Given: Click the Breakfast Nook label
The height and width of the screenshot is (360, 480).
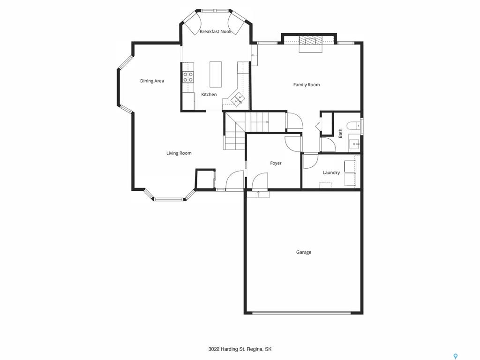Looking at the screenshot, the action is pos(216,31).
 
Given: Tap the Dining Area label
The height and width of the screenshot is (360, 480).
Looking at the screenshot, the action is pos(152,81).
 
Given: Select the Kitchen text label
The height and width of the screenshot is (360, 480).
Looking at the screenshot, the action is pos(209,94).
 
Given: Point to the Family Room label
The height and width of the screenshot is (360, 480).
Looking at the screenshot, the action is pos(307,85).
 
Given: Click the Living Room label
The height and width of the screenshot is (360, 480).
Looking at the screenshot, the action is pos(179,153).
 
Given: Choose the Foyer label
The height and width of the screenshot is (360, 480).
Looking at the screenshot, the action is pos(276,163).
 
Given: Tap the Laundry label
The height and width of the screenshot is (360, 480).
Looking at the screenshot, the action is pos(331,172).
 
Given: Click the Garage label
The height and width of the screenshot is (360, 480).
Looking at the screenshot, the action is pos(304,252).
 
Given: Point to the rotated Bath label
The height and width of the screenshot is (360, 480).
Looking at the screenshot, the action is pos(340,133).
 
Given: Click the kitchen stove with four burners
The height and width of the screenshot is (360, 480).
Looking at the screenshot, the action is pos(188,77).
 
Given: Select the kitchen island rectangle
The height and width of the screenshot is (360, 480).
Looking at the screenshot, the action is pos(216,75).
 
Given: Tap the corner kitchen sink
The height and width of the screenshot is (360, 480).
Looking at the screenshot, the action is pos(238,98).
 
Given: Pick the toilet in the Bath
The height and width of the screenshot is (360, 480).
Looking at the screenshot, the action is pos(354,126).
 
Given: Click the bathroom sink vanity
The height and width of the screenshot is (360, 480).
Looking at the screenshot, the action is pos(354,143).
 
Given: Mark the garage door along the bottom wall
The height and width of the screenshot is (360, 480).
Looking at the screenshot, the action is pos(301,313).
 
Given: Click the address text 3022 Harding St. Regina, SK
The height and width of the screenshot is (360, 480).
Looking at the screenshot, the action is pos(240,349).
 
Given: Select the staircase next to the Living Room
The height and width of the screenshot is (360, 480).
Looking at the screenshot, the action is pos(245,130).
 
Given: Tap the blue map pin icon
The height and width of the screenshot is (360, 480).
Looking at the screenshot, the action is pos(456,356).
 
